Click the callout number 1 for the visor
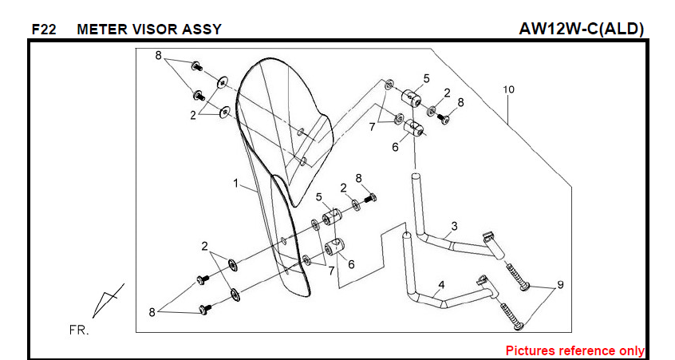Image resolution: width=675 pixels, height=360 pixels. point(236,184)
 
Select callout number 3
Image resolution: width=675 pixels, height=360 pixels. point(454,226)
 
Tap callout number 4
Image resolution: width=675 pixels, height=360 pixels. point(440,284)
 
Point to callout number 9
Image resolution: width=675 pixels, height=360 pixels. point(560,285)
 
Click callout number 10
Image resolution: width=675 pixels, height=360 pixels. point(508,89)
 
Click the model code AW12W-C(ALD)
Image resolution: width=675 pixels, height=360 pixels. point(581,29)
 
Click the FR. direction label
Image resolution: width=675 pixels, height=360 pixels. point(78,330)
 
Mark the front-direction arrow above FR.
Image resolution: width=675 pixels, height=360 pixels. point(106,301)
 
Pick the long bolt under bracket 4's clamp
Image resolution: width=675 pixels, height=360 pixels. point(511,318)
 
